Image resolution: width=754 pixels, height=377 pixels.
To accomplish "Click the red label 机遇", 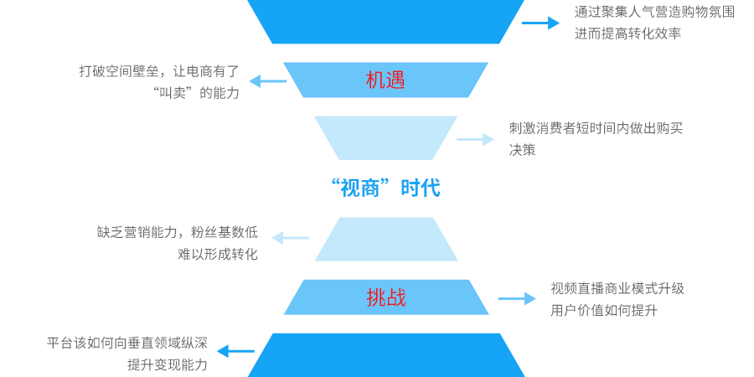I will tap(385, 80).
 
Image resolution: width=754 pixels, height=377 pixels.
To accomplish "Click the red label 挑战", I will tap(385, 297).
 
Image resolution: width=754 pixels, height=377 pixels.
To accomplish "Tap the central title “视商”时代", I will tap(385, 188).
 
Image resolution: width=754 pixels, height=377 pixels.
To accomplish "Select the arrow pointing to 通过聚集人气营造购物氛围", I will tap(540, 23).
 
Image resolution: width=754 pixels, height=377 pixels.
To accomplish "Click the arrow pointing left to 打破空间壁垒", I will tap(268, 81).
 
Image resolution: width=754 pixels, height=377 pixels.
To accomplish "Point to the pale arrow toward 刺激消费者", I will tap(475, 139).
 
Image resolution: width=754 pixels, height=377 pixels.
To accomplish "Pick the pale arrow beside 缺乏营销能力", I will tap(290, 238).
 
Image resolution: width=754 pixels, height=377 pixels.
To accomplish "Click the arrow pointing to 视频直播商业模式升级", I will tap(517, 298).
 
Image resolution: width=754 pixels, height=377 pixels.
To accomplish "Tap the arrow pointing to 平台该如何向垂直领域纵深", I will tap(235, 352).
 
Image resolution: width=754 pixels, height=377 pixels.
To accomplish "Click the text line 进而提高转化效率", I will tap(627, 34).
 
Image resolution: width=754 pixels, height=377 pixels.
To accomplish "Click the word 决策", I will tap(522, 150).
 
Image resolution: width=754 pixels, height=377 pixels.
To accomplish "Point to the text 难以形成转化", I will tap(218, 254).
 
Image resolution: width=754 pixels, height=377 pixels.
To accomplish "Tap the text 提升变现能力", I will tap(168, 364).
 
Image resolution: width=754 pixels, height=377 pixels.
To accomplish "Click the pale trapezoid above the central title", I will tap(385, 137).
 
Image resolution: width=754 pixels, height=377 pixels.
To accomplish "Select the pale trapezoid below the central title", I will tap(385, 239).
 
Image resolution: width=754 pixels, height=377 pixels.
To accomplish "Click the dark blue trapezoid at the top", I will tap(385, 20).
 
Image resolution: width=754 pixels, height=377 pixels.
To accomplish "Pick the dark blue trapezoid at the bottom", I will tap(385, 355).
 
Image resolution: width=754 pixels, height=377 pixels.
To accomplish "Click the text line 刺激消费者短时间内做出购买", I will tap(596, 128).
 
